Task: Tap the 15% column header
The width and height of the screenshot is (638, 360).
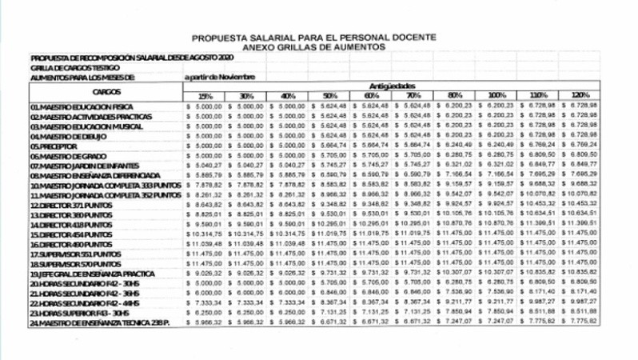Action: [x=205, y=96]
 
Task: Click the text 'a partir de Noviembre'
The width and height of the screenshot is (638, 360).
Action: [x=219, y=77]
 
